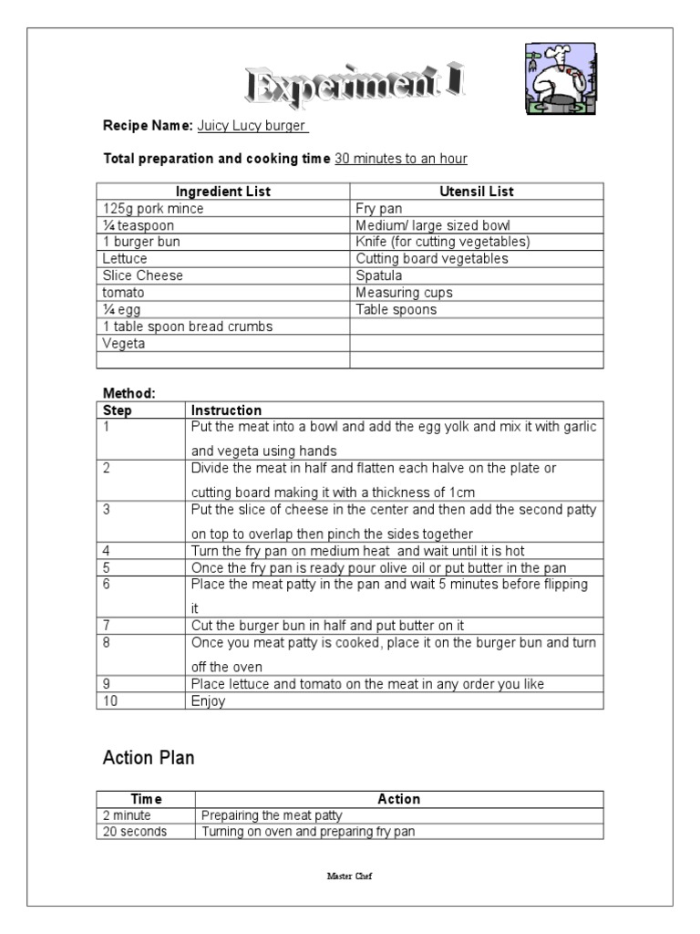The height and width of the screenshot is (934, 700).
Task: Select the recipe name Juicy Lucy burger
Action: pos(252,126)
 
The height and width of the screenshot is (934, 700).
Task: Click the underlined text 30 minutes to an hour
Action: pos(401,159)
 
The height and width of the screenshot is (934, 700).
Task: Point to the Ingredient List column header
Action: pos(223,192)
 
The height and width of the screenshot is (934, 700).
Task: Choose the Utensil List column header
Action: pos(477,192)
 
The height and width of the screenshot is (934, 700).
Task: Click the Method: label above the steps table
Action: pos(129,393)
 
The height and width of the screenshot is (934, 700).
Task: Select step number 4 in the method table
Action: pos(107,551)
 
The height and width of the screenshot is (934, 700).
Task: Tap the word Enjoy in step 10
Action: pos(208,701)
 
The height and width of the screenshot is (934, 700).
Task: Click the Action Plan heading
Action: pos(149,758)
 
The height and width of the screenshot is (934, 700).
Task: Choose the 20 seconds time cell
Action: pos(135,832)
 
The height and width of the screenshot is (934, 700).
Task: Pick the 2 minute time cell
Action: pos(128,815)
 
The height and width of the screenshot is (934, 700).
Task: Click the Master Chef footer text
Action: pos(349,876)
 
